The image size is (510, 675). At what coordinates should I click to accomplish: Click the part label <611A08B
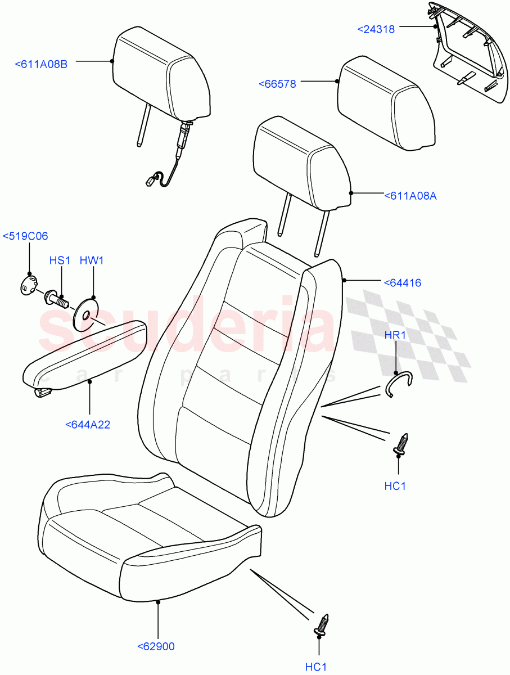(x=41, y=65)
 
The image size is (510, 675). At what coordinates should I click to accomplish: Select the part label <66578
(x=277, y=84)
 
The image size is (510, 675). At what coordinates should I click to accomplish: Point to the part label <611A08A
(x=410, y=196)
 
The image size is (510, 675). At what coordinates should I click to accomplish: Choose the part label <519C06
(x=25, y=236)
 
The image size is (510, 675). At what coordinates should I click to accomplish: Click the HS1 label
(x=60, y=261)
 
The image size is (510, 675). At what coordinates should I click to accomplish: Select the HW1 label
(x=92, y=261)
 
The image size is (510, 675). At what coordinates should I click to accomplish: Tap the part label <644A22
(x=88, y=425)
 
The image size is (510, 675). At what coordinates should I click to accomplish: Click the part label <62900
(x=156, y=646)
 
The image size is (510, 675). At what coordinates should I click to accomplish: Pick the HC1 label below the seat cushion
(x=316, y=667)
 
